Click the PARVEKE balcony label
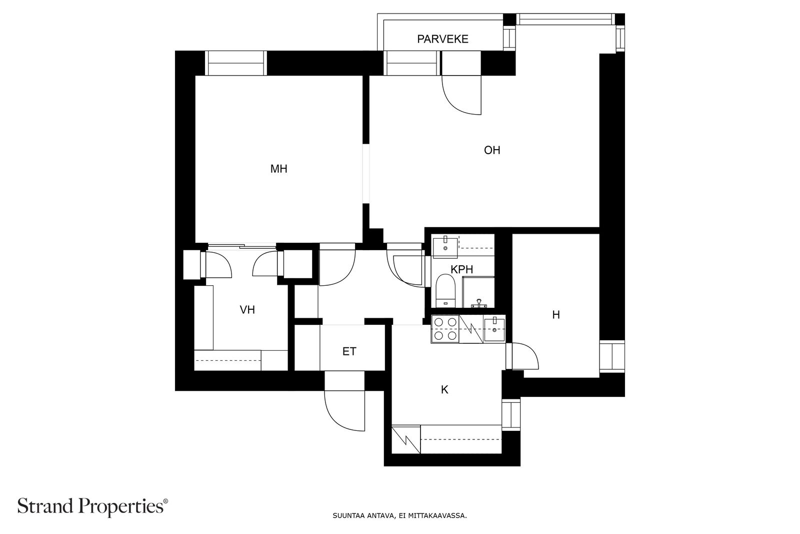click(x=442, y=39)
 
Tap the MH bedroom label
click(x=278, y=169)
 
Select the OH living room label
click(x=492, y=150)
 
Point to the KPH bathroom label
click(x=461, y=270)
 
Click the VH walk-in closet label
click(x=247, y=310)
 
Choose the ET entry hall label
click(x=349, y=351)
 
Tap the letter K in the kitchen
click(x=444, y=390)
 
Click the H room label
click(x=555, y=315)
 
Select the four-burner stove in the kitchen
click(x=445, y=329)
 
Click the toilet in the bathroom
click(x=445, y=291)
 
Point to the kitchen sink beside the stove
click(x=494, y=329)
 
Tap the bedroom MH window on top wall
click(x=235, y=64)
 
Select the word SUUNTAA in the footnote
click(x=345, y=515)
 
